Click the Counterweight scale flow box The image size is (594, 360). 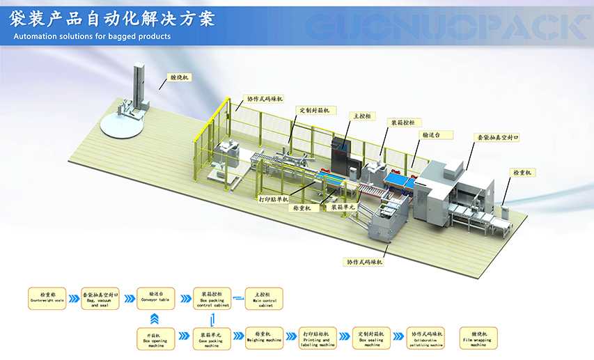[x=47, y=298]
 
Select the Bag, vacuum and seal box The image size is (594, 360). [x=100, y=298]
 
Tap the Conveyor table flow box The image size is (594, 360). [x=154, y=298]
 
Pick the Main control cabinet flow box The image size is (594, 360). [x=265, y=298]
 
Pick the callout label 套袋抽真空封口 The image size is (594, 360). [x=497, y=138]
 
